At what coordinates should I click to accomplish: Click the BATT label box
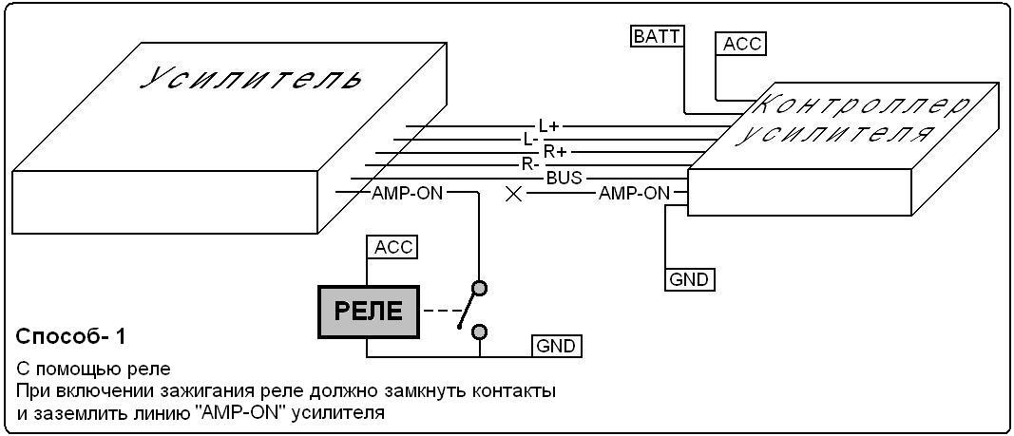[657, 36]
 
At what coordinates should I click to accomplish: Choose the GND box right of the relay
[556, 346]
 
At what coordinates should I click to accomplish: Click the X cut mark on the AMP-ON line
[514, 194]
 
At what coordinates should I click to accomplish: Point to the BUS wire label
[564, 178]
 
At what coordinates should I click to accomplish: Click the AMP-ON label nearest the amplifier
[406, 194]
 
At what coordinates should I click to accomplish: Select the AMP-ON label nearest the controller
[634, 194]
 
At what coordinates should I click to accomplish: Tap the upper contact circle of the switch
[480, 287]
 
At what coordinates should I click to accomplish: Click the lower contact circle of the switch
[480, 331]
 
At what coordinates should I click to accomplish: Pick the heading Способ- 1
[70, 336]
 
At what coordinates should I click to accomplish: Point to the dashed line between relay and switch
[439, 311]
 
